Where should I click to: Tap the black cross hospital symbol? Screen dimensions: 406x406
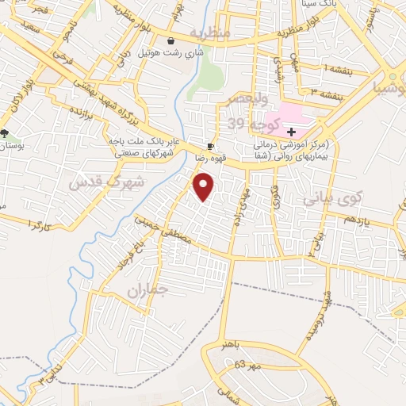pyautogui.click(x=292, y=132)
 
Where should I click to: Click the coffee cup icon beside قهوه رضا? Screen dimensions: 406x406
pyautogui.click(x=210, y=146)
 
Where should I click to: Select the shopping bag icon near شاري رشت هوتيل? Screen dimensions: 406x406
pyautogui.click(x=170, y=40)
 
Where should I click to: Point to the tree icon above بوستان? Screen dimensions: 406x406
pyautogui.click(x=6, y=132)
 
